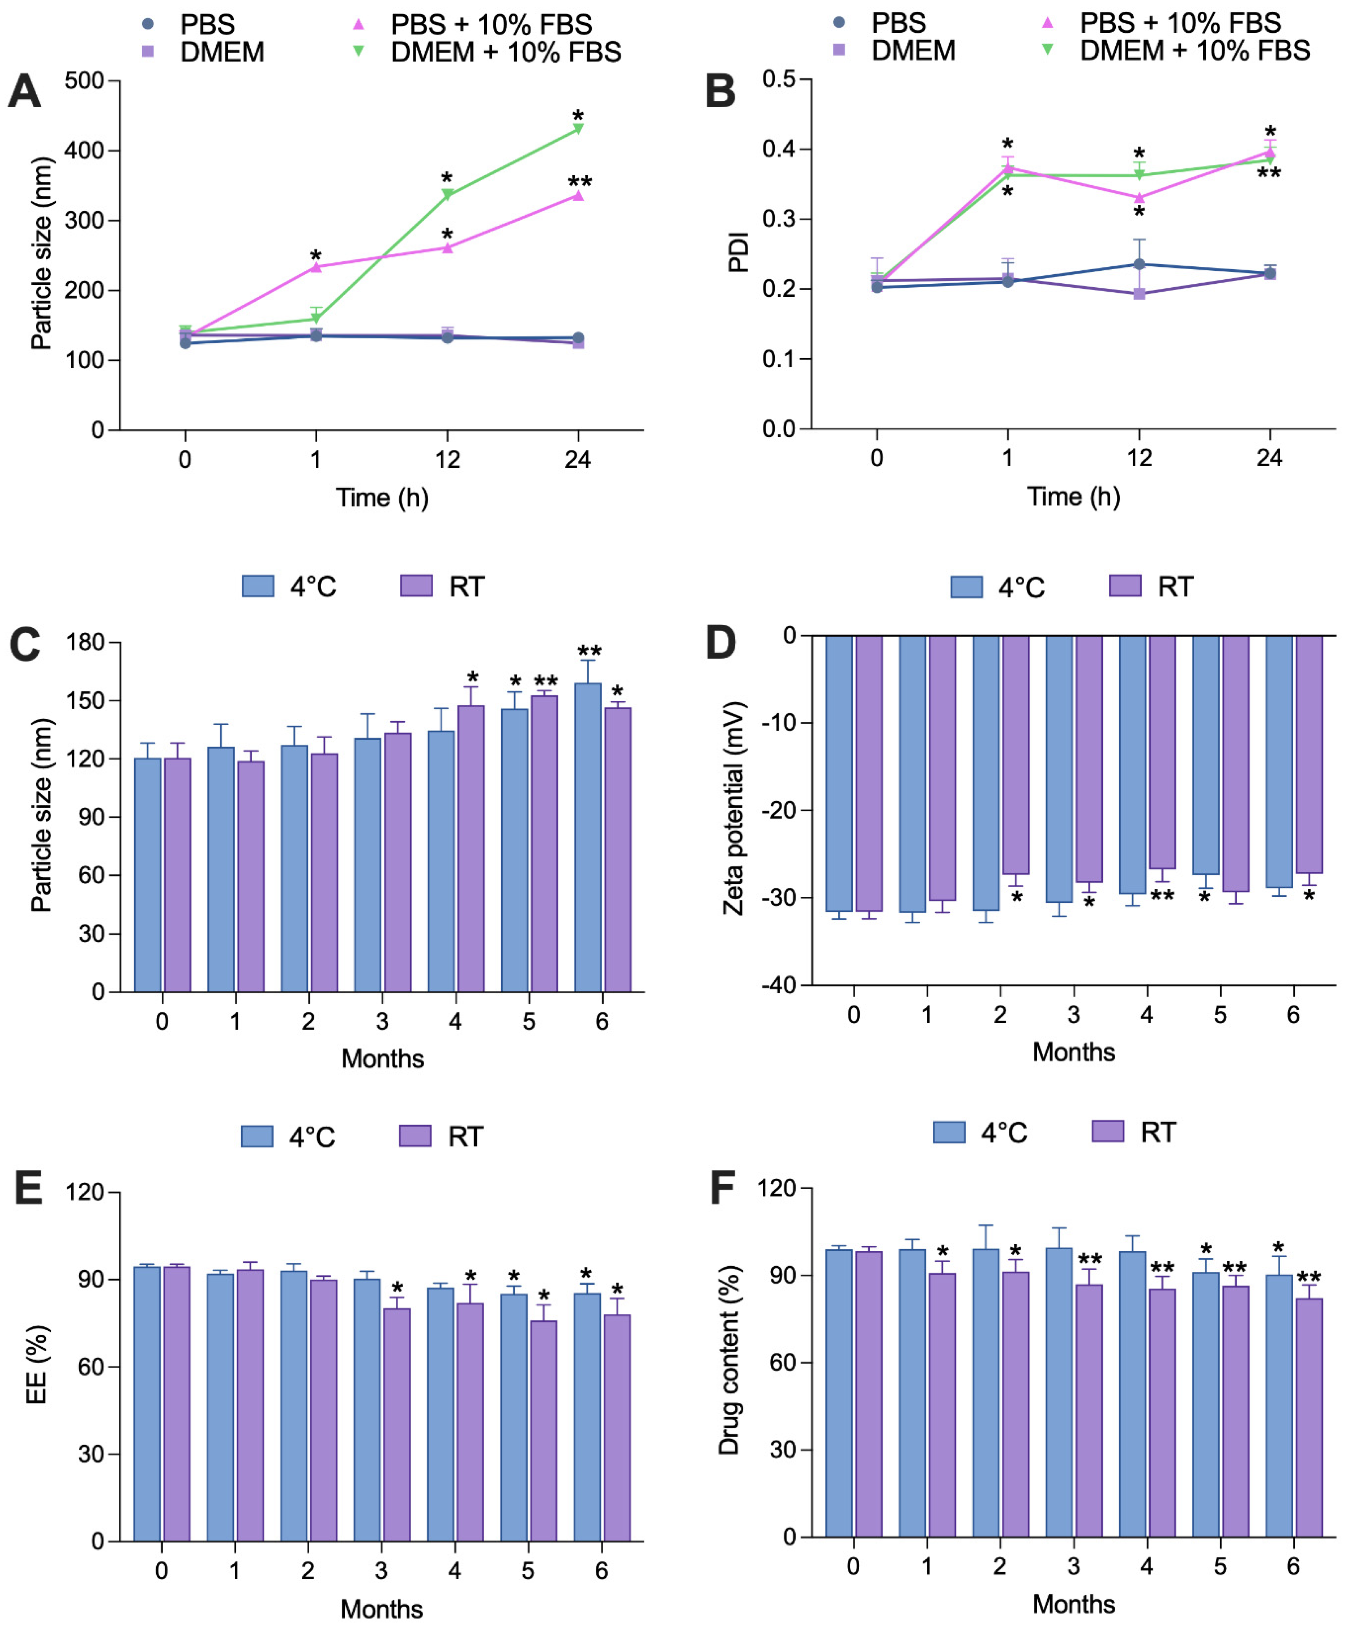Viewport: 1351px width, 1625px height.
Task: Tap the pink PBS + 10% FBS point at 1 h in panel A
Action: (x=316, y=267)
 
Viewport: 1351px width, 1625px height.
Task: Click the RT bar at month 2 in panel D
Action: (x=1016, y=755)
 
